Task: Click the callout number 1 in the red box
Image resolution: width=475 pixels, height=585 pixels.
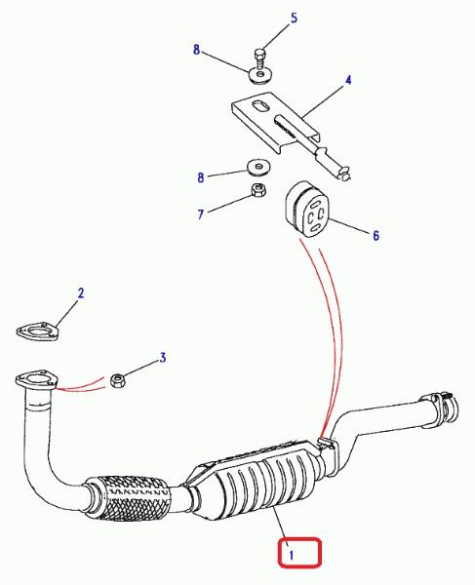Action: (292, 555)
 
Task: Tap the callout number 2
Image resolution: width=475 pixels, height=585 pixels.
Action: (81, 293)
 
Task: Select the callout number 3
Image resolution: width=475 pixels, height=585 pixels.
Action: (163, 358)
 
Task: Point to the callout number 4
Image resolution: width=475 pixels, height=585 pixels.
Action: (348, 80)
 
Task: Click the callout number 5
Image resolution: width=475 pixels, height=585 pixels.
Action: (294, 18)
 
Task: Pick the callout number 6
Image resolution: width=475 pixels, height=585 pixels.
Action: (376, 235)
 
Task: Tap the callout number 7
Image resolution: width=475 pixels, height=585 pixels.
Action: (201, 214)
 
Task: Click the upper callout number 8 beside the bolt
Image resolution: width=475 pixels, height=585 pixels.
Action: (197, 50)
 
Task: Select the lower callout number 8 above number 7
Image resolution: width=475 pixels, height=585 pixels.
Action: (201, 177)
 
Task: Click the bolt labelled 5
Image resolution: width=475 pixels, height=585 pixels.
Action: (260, 58)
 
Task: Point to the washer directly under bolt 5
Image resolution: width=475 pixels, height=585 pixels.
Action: (260, 75)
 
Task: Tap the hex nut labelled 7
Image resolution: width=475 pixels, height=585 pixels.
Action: (258, 190)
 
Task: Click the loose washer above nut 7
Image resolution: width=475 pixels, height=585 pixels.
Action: (258, 167)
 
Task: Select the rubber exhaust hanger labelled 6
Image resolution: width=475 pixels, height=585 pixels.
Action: (306, 210)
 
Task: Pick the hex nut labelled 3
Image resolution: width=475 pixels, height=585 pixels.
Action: (119, 380)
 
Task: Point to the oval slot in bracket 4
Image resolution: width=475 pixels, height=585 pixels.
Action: (261, 105)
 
